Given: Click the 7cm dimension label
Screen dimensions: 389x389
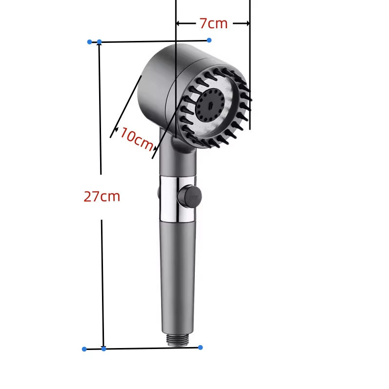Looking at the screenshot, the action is click(214, 23).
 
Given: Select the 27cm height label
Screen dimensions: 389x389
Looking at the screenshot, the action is click(102, 196).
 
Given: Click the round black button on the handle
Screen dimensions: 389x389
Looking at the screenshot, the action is click(189, 196).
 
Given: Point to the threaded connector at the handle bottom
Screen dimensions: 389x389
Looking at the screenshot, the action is click(178, 340).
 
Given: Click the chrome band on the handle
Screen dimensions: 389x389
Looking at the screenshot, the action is click(177, 198).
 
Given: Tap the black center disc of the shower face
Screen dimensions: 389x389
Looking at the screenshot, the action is click(210, 105).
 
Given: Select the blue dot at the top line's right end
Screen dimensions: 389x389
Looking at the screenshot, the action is click(209, 40).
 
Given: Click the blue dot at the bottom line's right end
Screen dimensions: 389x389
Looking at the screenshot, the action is click(201, 348).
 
